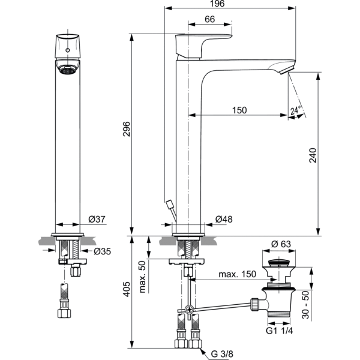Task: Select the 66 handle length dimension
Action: (x=209, y=19)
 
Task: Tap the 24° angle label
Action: (x=295, y=111)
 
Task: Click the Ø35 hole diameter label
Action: (x=103, y=251)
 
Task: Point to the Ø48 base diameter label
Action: (x=223, y=220)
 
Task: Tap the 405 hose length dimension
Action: (x=127, y=292)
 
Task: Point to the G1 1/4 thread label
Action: (x=280, y=330)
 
